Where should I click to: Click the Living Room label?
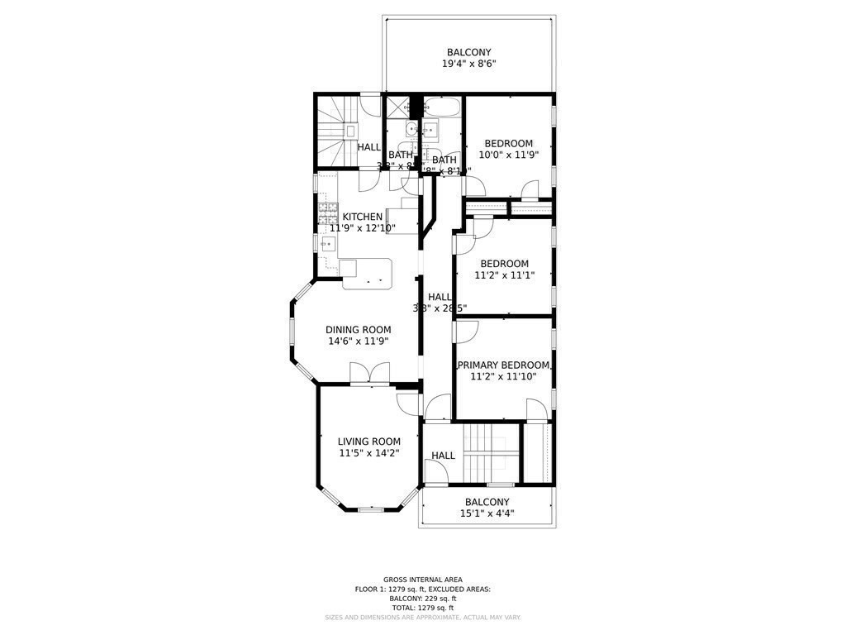(x=368, y=442)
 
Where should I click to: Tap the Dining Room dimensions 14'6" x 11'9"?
(x=358, y=341)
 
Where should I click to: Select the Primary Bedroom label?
(x=503, y=365)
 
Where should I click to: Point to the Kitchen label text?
(x=363, y=217)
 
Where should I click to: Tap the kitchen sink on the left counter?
(x=327, y=244)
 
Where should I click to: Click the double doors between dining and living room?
(x=369, y=373)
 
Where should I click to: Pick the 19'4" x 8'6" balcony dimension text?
(x=468, y=64)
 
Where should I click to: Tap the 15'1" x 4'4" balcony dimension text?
(x=487, y=513)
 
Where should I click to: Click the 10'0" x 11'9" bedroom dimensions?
(x=508, y=155)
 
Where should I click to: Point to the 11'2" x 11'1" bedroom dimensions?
(x=504, y=275)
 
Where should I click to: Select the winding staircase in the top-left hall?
(x=335, y=130)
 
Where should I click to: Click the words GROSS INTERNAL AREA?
(x=422, y=580)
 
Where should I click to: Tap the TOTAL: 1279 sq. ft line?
(x=422, y=608)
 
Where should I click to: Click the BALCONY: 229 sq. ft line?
(x=422, y=599)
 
